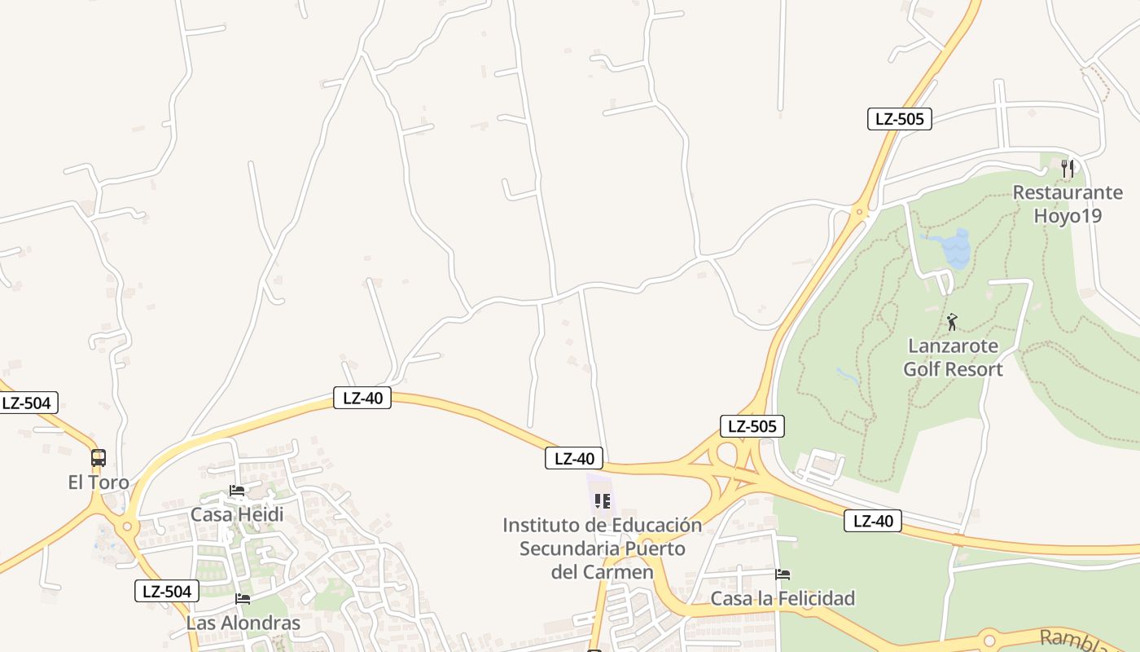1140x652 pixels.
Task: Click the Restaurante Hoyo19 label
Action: [1068, 204]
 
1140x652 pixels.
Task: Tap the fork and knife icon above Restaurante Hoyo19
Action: [1068, 169]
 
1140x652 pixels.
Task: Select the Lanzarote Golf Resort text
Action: [953, 358]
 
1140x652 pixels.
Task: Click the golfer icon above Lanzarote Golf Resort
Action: [952, 322]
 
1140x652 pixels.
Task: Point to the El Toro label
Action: [99, 482]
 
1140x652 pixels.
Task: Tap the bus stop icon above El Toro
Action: [99, 458]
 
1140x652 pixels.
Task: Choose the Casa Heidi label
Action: [237, 514]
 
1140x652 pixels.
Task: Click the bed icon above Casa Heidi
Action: [237, 491]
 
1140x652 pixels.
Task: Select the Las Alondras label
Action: [243, 623]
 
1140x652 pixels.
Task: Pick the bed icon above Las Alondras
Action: [243, 599]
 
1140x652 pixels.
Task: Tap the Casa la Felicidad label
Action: [783, 598]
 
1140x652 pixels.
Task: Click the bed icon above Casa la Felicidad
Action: [783, 575]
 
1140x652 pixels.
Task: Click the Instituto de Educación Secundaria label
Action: [602, 548]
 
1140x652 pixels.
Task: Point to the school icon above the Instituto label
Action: [602, 500]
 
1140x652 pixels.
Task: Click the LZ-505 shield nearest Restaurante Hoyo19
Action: [899, 119]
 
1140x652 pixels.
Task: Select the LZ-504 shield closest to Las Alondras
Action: [167, 592]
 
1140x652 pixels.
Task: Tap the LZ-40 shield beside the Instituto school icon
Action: [574, 459]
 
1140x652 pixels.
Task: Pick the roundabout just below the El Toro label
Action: [126, 526]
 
